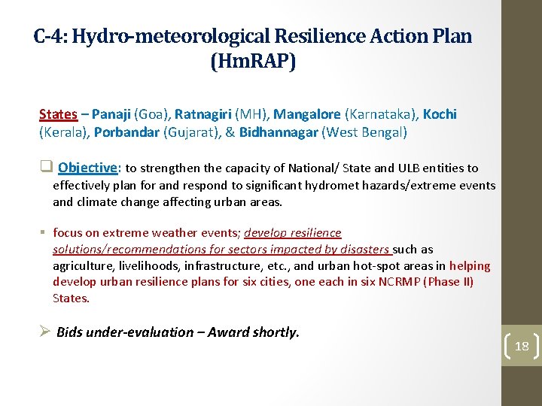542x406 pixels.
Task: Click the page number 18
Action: tap(522, 347)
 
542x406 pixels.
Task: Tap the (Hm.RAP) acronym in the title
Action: tap(254, 61)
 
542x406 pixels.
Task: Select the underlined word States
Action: tap(58, 114)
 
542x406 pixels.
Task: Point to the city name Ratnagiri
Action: tap(203, 114)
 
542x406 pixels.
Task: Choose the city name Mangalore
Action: tap(307, 114)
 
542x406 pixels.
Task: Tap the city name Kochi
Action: tap(440, 114)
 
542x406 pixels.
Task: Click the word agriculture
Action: tap(81, 265)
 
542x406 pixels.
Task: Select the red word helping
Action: tap(470, 265)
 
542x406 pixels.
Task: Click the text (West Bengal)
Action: tap(364, 132)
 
